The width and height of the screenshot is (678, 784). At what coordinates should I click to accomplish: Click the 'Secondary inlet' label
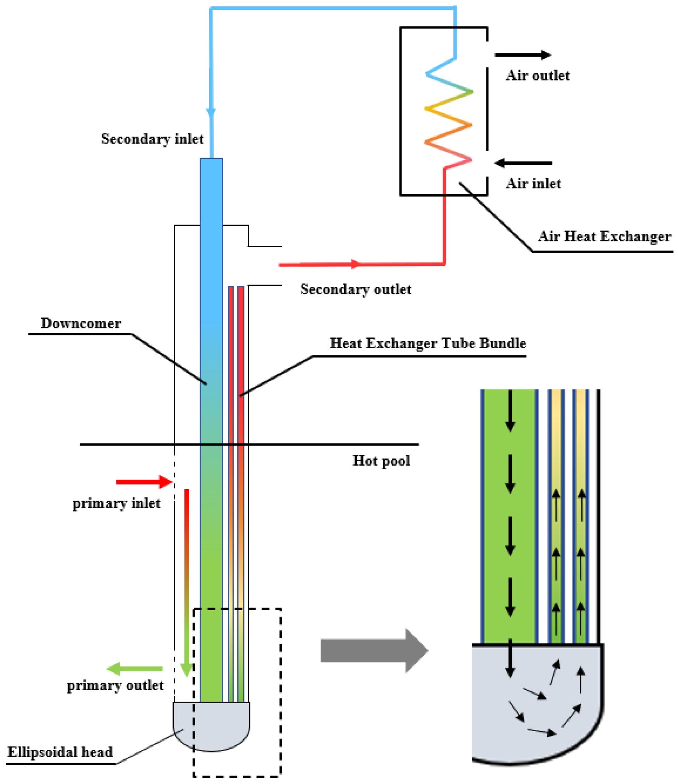pyautogui.click(x=152, y=139)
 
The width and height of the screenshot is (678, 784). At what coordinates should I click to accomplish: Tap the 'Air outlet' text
pyautogui.click(x=537, y=75)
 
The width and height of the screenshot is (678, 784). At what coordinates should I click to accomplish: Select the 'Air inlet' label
pyautogui.click(x=533, y=184)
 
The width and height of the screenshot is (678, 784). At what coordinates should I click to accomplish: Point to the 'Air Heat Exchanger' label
pyautogui.click(x=604, y=236)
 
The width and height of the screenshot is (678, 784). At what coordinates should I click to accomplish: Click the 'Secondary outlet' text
pyautogui.click(x=356, y=289)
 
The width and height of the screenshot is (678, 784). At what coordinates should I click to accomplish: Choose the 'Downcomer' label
pyautogui.click(x=81, y=323)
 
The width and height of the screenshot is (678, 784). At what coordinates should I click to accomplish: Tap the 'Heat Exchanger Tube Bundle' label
pyautogui.click(x=428, y=343)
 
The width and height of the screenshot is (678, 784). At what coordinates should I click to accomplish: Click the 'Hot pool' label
pyautogui.click(x=381, y=461)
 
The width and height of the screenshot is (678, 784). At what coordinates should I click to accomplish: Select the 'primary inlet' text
pyautogui.click(x=116, y=504)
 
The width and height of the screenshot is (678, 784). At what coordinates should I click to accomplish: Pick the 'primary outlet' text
pyautogui.click(x=115, y=686)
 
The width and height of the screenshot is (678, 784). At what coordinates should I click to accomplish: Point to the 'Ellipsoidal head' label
pyautogui.click(x=60, y=752)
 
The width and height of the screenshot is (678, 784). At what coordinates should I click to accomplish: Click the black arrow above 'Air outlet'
pyautogui.click(x=523, y=55)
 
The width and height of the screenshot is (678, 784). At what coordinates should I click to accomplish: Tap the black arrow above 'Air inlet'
pyautogui.click(x=523, y=163)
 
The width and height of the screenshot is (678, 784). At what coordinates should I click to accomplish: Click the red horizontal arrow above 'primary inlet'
pyautogui.click(x=144, y=482)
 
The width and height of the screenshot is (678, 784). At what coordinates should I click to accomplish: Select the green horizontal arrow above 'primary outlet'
pyautogui.click(x=135, y=669)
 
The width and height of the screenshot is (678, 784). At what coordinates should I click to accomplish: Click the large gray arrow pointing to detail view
pyautogui.click(x=374, y=651)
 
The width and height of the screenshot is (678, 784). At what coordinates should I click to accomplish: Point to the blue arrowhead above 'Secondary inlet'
pyautogui.click(x=211, y=113)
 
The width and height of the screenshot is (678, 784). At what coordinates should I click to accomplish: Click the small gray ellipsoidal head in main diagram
pyautogui.click(x=211, y=726)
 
